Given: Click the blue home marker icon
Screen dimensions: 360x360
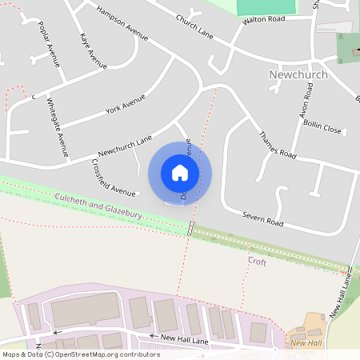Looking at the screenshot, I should click(x=180, y=172).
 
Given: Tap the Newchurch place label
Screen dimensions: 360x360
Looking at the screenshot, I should click(x=299, y=74).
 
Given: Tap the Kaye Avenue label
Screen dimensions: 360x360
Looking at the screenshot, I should click(x=94, y=50).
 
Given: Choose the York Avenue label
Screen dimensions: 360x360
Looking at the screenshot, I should click(x=126, y=104).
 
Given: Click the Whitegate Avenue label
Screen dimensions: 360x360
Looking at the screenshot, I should click(x=58, y=126).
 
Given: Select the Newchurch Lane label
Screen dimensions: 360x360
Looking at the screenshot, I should click(x=125, y=145).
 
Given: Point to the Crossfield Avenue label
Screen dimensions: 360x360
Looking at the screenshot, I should click(x=113, y=179).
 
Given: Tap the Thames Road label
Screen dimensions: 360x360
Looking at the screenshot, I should click(x=278, y=141).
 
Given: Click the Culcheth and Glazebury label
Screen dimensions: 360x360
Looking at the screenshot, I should click(x=99, y=207).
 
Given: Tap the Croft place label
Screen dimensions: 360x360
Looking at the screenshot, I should click(x=257, y=261).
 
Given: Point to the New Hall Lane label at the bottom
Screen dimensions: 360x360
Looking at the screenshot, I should click(x=185, y=338).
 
